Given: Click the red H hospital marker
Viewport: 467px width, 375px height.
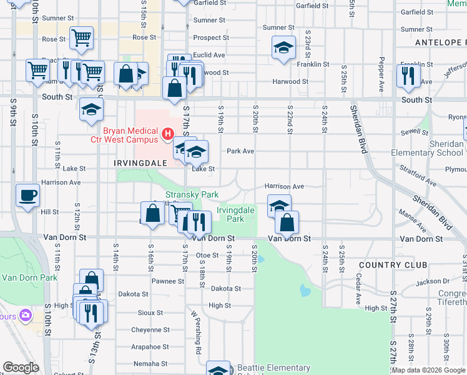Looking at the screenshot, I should click(x=167, y=133).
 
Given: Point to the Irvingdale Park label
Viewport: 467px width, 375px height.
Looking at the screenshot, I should click(x=235, y=215).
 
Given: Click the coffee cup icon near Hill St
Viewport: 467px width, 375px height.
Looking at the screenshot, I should click(x=27, y=195).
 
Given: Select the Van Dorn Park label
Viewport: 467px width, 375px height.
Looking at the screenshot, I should click(x=29, y=277).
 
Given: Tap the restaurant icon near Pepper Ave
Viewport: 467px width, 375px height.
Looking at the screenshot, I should click(x=408, y=76).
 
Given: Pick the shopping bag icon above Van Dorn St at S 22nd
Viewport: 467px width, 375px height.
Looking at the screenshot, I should click(x=287, y=222).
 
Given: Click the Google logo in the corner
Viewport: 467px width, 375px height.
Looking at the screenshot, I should click(x=21, y=367).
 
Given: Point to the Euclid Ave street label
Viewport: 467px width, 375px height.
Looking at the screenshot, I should click(x=209, y=55).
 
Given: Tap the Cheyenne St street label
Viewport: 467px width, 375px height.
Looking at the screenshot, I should click(x=150, y=330).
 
